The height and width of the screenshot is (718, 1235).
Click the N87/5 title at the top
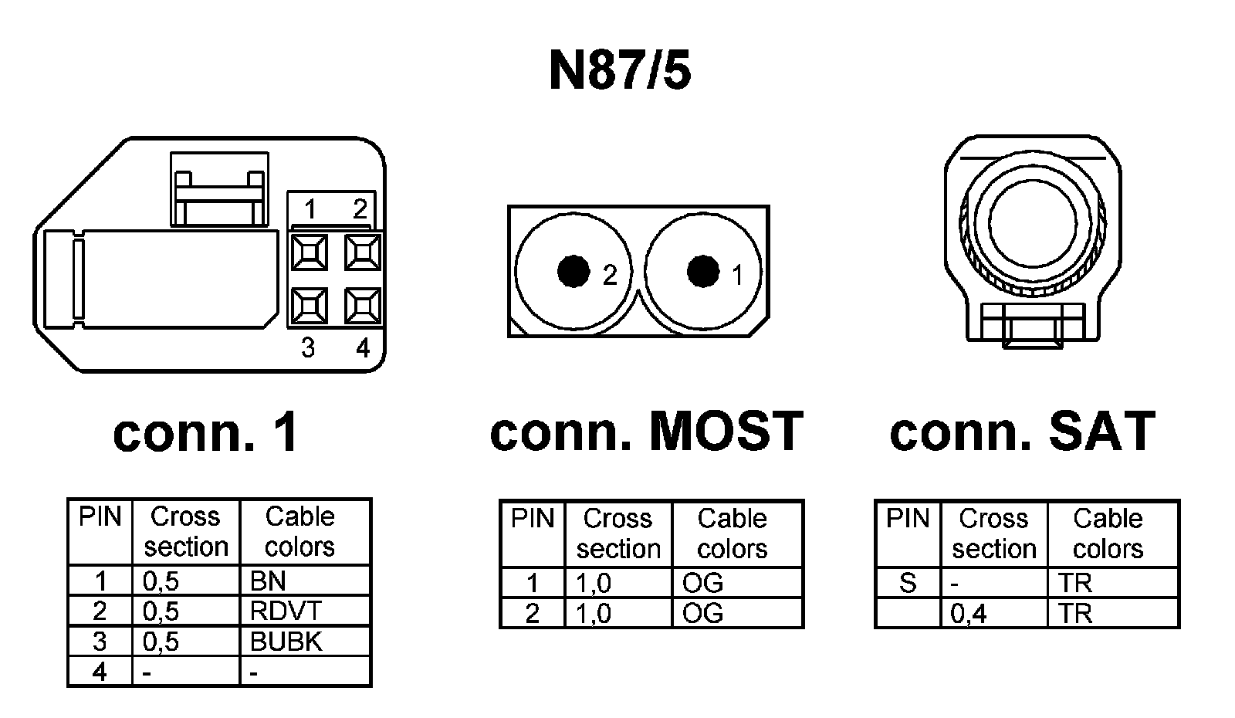[x=619, y=72]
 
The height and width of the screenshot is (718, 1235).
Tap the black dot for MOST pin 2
[x=574, y=271]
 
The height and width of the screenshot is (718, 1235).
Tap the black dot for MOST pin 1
[x=702, y=271]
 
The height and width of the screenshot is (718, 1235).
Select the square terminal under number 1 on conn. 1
[x=309, y=252]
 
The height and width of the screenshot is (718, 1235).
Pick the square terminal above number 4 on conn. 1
[x=363, y=307]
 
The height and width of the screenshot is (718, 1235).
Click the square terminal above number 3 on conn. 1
[x=309, y=307]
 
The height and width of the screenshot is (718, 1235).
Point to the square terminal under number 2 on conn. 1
[x=363, y=252]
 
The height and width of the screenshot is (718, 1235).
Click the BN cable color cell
[x=305, y=581]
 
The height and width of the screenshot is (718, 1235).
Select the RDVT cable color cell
[x=305, y=611]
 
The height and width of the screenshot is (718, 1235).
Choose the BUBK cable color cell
[x=305, y=642]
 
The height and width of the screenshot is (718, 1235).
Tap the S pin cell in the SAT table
[x=908, y=584]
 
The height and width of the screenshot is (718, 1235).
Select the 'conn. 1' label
[x=205, y=432]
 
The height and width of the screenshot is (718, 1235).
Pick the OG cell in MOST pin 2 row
[x=737, y=614]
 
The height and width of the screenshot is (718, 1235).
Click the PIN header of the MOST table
[x=533, y=519]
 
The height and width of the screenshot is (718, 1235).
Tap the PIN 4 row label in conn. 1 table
[x=100, y=672]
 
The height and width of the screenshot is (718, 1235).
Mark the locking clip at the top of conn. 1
[x=219, y=189]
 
